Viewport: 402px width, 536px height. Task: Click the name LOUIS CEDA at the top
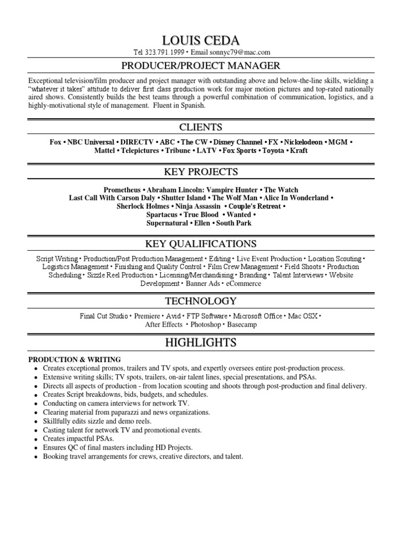pyautogui.click(x=201, y=40)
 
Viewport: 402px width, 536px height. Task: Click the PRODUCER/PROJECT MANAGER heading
pyautogui.click(x=201, y=65)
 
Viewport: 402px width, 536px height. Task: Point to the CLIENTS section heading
pyautogui.click(x=201, y=127)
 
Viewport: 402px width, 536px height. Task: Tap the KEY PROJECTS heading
pyautogui.click(x=201, y=172)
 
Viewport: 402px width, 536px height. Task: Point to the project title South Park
pyautogui.click(x=233, y=223)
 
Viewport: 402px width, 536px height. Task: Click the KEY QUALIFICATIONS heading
pyautogui.click(x=201, y=244)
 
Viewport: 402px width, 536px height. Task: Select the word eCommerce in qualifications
pyautogui.click(x=243, y=284)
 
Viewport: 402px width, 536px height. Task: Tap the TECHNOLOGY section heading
pyautogui.click(x=201, y=301)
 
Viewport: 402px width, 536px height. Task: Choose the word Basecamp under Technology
pyautogui.click(x=242, y=325)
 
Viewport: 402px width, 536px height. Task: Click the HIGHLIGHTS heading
pyautogui.click(x=201, y=343)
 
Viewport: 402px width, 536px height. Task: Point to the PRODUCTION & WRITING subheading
pyautogui.click(x=74, y=360)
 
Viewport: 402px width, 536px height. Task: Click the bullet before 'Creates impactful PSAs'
pyautogui.click(x=36, y=439)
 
